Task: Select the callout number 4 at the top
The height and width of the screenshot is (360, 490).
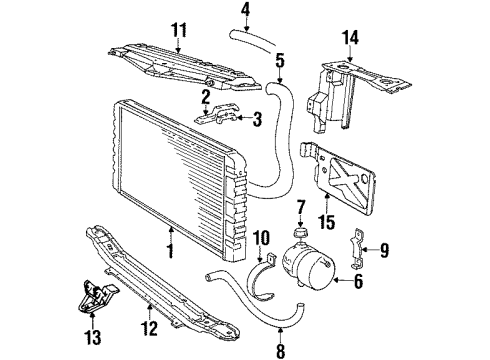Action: [x=245, y=14]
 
